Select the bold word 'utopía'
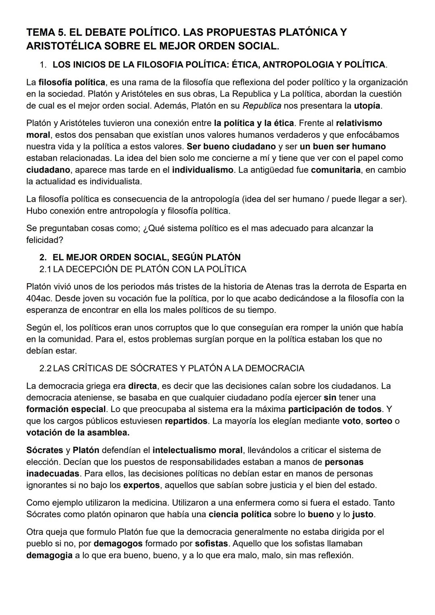367,106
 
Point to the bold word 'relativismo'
359,123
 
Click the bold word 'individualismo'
203,170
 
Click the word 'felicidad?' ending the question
45,240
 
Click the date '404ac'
38,298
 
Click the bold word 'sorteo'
379,421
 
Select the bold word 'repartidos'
186,421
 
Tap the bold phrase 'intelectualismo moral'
197,450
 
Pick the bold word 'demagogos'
118,543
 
